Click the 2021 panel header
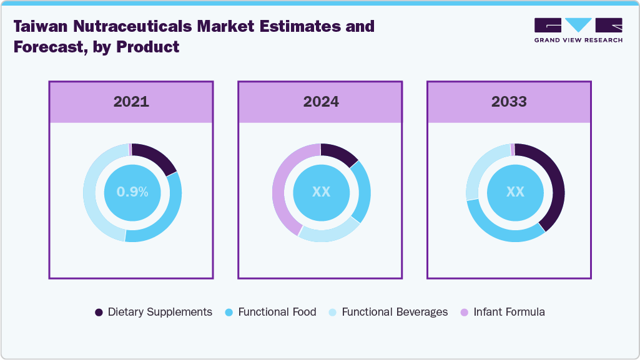(x=131, y=102)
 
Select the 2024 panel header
(x=321, y=102)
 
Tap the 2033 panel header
(x=509, y=102)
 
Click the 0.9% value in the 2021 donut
(x=132, y=192)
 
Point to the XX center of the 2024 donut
(x=321, y=192)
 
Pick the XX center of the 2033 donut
(x=515, y=192)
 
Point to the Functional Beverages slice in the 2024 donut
(x=328, y=234)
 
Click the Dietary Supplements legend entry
(x=154, y=312)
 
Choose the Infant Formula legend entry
(x=503, y=312)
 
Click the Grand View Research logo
(x=578, y=30)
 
